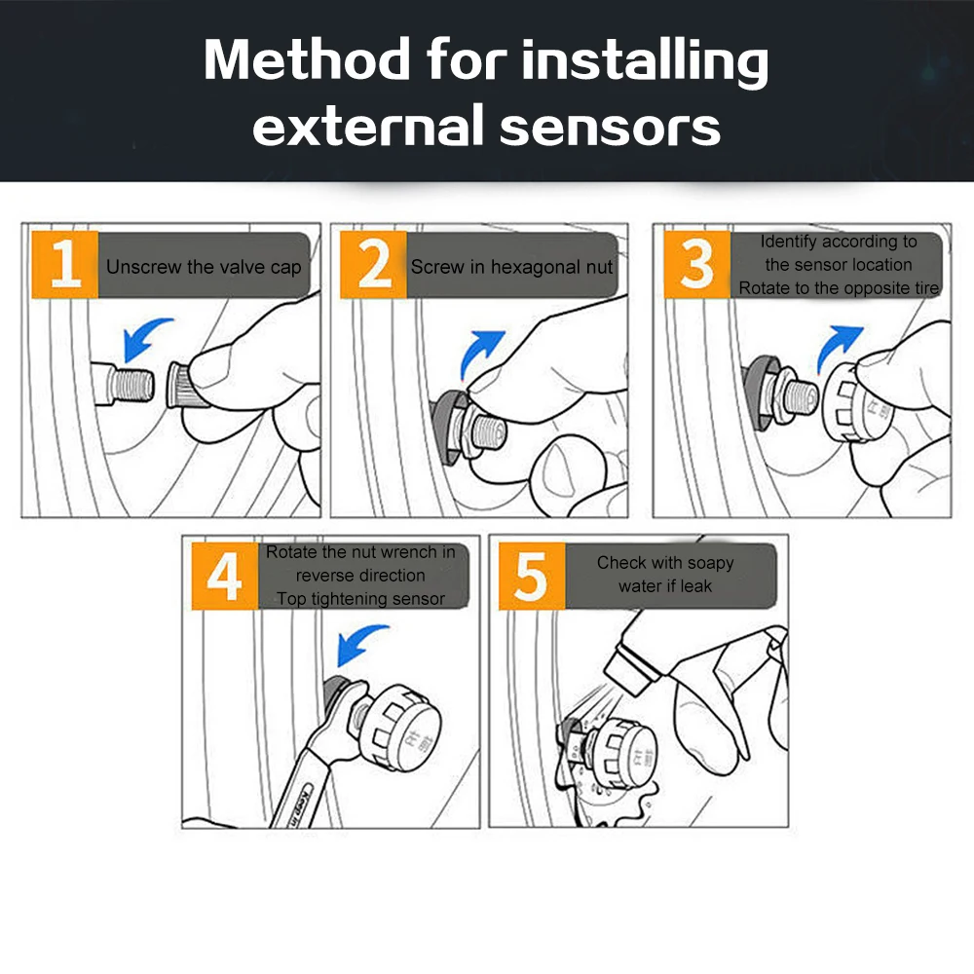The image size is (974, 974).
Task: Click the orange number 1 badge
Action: [x=64, y=265]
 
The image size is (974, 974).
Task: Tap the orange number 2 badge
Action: [x=373, y=265]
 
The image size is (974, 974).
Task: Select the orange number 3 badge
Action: [x=697, y=265]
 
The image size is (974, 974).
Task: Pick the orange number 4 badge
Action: [x=224, y=576]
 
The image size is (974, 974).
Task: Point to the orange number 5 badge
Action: [x=532, y=576]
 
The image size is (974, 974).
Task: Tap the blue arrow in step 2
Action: [x=477, y=349]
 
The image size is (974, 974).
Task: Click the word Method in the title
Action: [x=307, y=59]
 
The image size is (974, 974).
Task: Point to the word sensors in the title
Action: [x=610, y=126]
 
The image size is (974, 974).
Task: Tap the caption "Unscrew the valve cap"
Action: [x=204, y=267]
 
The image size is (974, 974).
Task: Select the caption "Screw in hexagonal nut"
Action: [x=512, y=267]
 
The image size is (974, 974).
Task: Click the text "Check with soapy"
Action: [x=665, y=563]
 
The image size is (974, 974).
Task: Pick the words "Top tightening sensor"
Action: [x=361, y=599]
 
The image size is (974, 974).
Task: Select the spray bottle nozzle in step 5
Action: [x=630, y=669]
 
